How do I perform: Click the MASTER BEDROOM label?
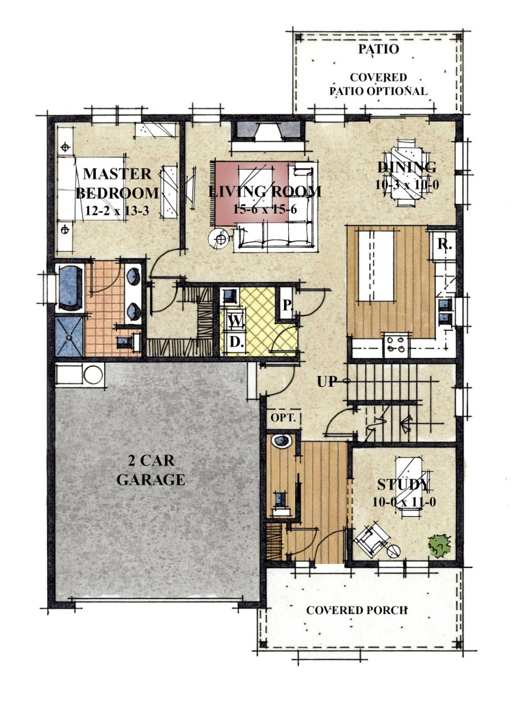tap(117, 183)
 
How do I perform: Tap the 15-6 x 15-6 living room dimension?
tap(265, 209)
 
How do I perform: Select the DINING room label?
tap(407, 167)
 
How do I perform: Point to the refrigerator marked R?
tap(443, 245)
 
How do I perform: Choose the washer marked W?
tap(235, 320)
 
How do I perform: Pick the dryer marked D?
tap(236, 343)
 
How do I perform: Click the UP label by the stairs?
tap(327, 381)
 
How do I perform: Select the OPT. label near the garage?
tap(283, 418)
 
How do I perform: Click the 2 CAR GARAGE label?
tap(151, 470)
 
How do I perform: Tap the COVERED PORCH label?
tap(357, 610)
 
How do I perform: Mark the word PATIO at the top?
tap(379, 49)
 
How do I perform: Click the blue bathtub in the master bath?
tap(69, 288)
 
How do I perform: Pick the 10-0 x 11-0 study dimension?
tap(405, 502)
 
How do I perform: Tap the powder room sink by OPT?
tap(282, 441)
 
